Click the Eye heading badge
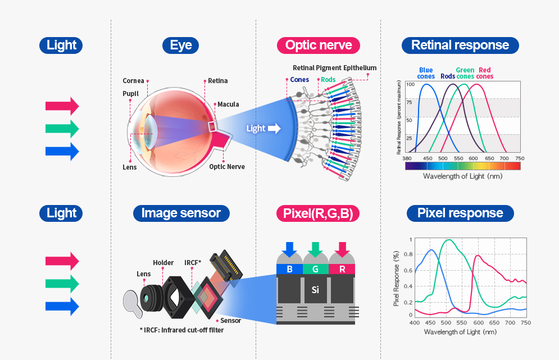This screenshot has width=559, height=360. point(181,45)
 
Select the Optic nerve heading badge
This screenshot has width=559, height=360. point(319,45)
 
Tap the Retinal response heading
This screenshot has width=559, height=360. point(460,45)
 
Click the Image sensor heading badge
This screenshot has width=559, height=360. point(181,213)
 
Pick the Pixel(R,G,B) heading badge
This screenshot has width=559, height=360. point(318,213)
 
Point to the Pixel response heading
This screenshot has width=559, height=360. point(460,213)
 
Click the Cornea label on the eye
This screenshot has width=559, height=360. point(134,81)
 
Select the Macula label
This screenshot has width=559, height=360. point(228,104)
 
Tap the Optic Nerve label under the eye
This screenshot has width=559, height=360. point(227,166)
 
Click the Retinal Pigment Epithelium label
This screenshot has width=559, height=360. point(334,68)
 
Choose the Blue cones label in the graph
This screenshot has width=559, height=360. point(426,73)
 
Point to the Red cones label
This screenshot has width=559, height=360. point(484,73)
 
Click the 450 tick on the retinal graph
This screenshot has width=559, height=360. point(428,158)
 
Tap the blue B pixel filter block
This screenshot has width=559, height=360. point(289,269)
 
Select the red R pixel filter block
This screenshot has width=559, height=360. point(343,269)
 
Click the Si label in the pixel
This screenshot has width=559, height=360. point(315,290)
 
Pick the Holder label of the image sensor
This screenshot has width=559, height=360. point(163,263)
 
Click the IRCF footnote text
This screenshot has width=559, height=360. point(181,330)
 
